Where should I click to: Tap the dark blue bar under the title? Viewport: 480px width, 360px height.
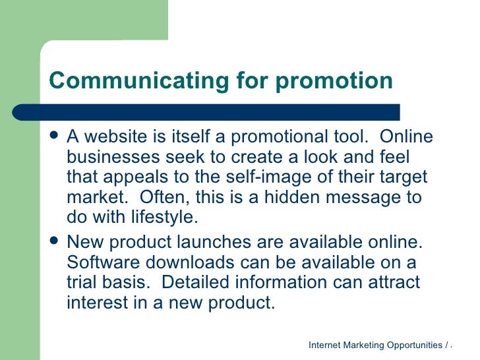(x=224, y=112)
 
